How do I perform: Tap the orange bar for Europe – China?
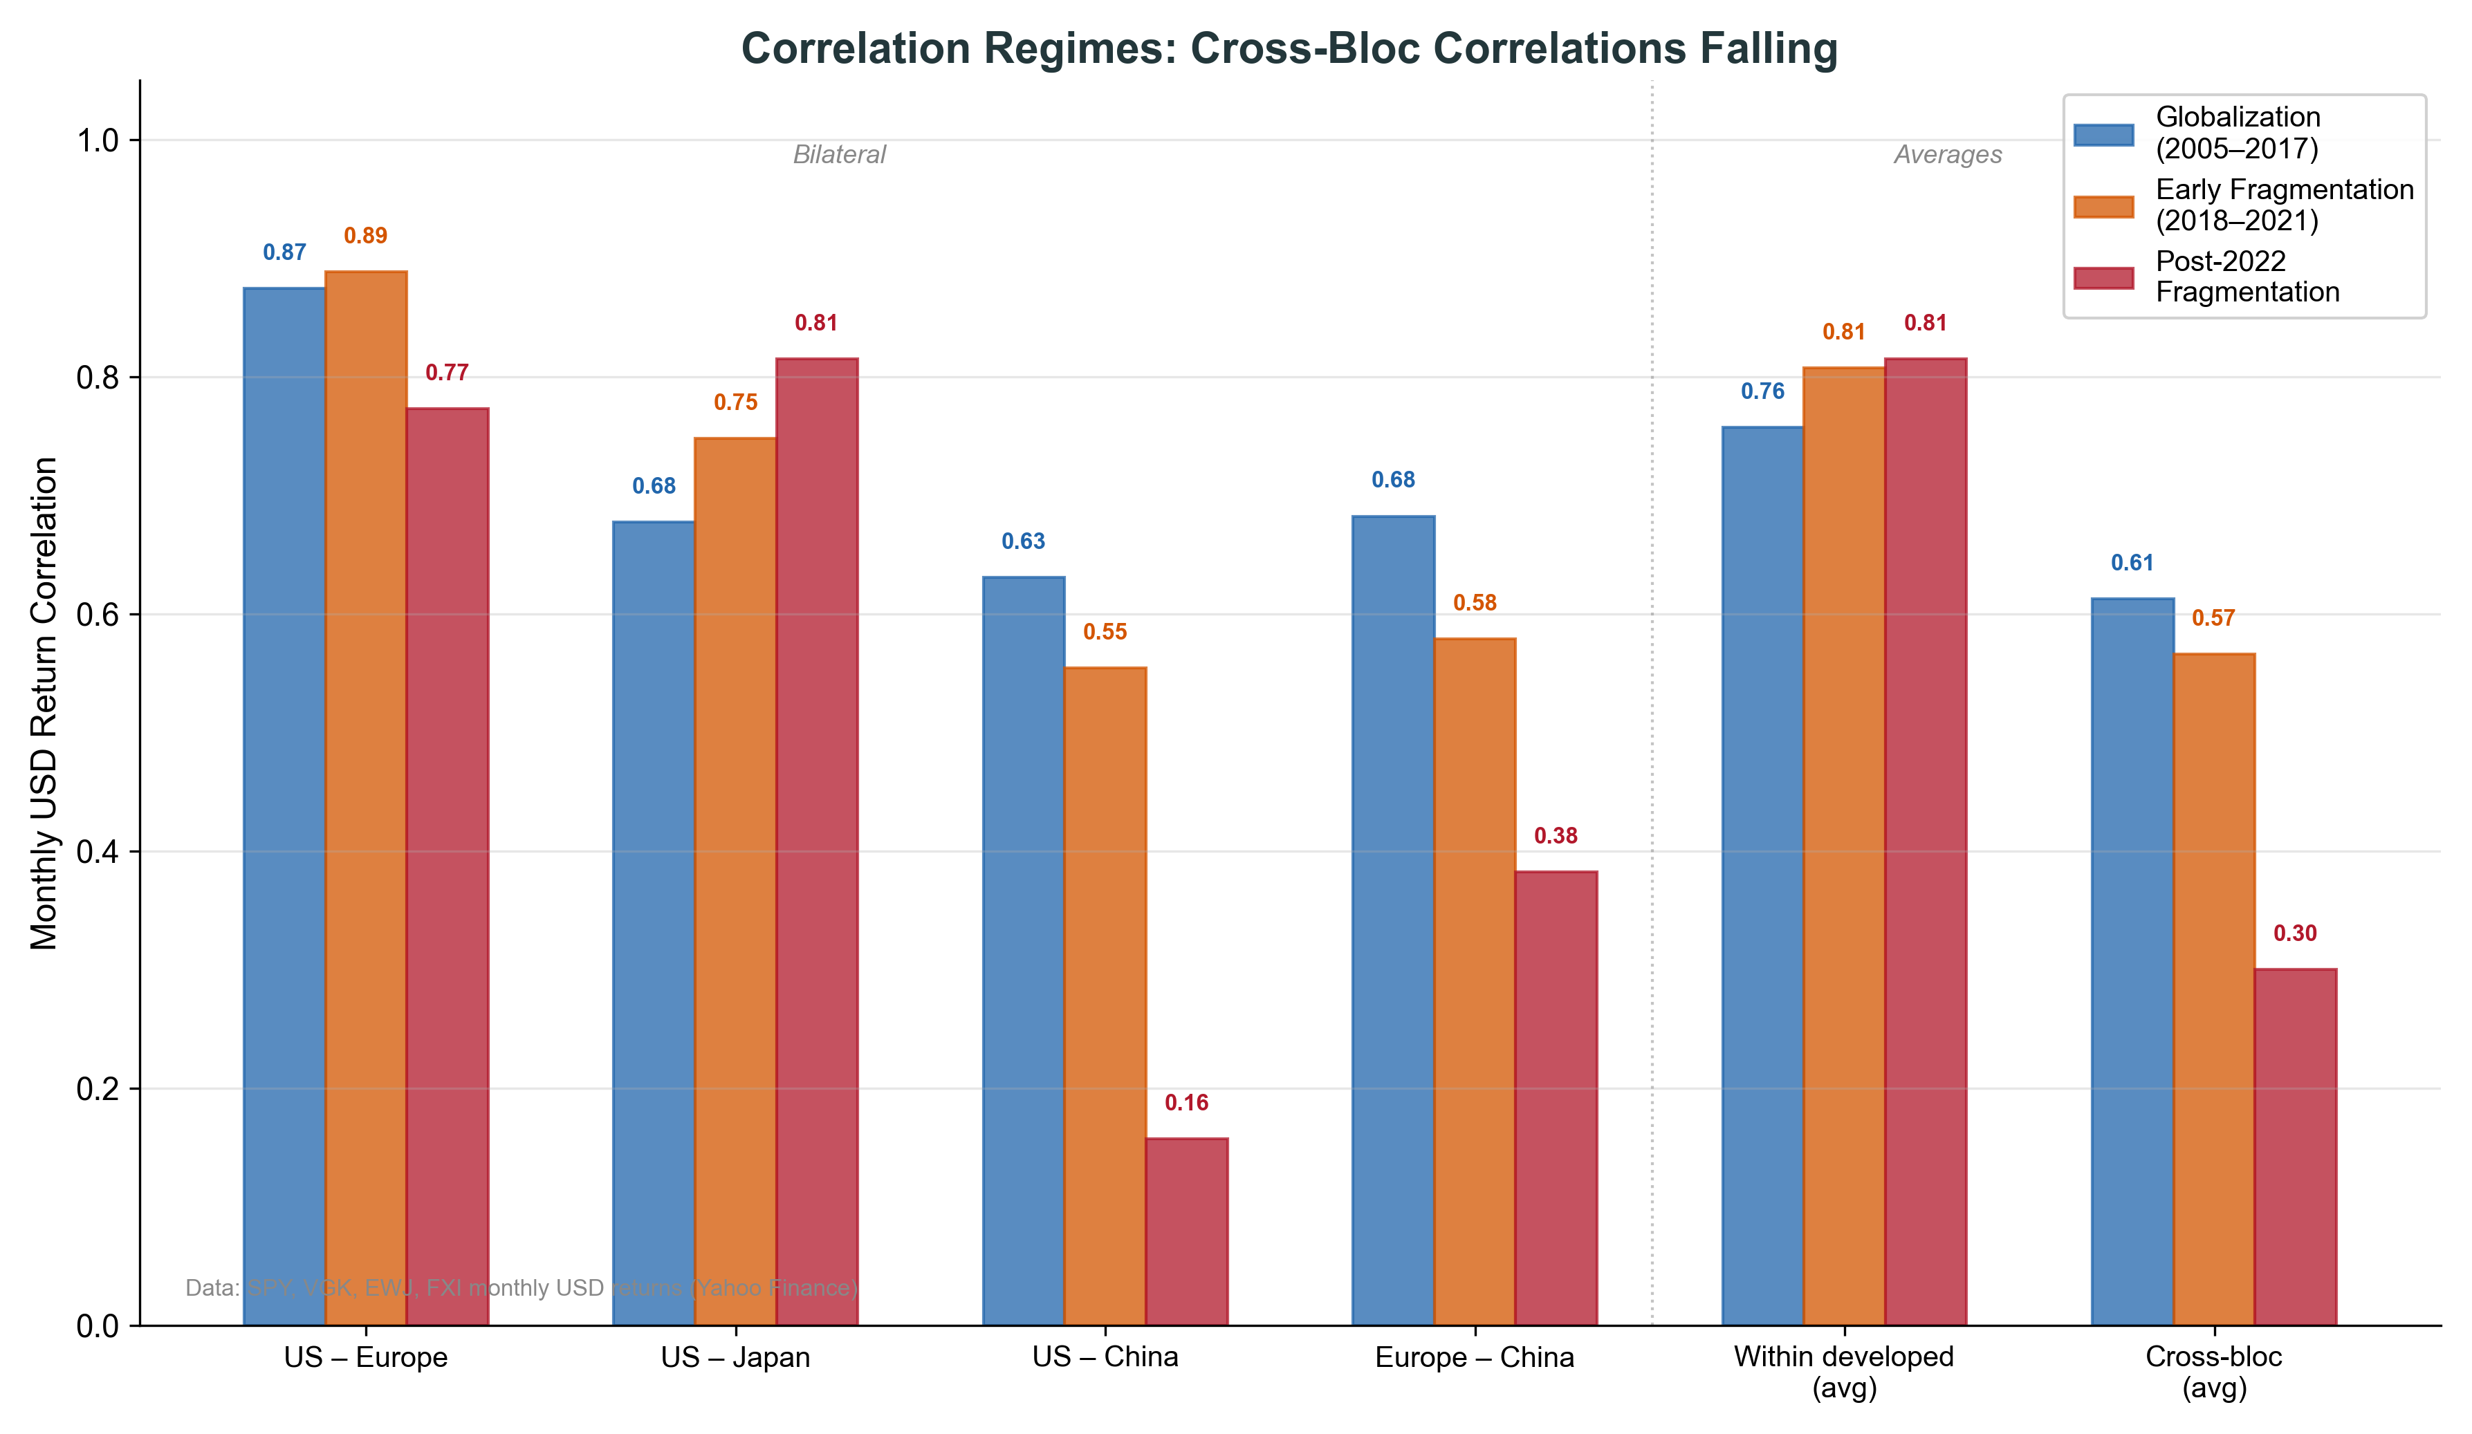[x=1475, y=982]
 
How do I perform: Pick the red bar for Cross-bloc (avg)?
[x=2296, y=1148]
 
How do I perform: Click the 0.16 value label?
[x=1186, y=1103]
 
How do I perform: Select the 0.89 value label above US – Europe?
[x=365, y=235]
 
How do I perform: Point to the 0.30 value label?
[x=2296, y=933]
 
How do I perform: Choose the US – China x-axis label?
[x=1105, y=1357]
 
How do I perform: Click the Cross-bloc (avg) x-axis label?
[x=2214, y=1371]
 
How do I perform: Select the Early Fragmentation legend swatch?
[x=2103, y=206]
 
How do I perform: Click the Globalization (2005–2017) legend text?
[x=2238, y=133]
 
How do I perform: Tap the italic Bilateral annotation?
[x=839, y=155]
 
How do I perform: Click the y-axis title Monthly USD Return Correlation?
[x=44, y=703]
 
